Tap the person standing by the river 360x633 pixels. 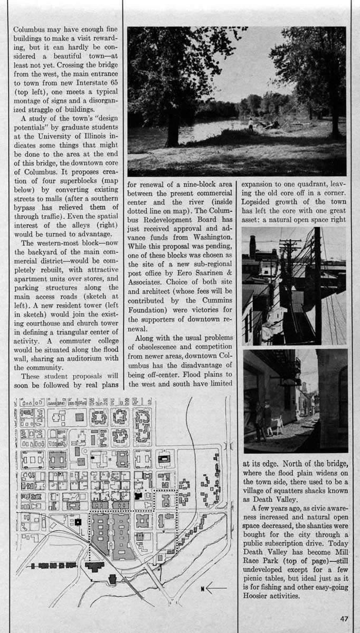pos(250,124)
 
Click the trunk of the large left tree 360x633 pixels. pos(172,127)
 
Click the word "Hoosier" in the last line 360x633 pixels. pos(259,597)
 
